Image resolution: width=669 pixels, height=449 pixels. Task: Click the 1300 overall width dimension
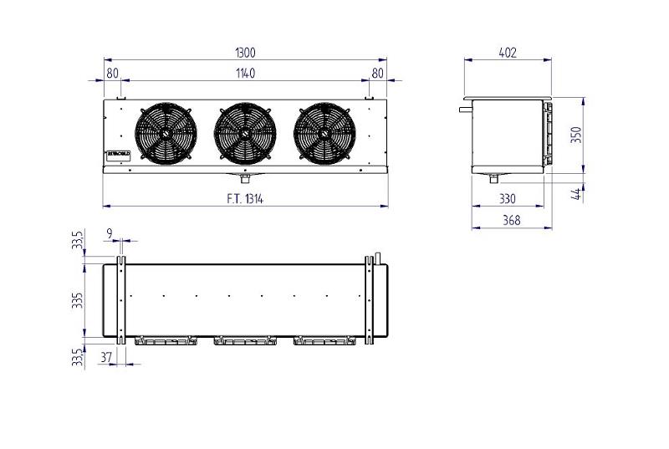(x=245, y=53)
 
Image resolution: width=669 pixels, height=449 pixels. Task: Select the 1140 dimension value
(x=245, y=74)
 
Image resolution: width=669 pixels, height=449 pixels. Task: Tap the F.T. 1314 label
(x=244, y=198)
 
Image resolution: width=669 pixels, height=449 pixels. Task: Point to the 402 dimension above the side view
(x=508, y=53)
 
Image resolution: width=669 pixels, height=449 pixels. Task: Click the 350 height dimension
(x=576, y=135)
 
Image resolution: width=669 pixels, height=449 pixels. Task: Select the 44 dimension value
(x=576, y=194)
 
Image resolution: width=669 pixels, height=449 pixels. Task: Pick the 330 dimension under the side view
(x=508, y=198)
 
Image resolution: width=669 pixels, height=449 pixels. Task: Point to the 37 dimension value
(x=106, y=357)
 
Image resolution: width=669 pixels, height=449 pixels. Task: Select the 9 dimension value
(x=110, y=232)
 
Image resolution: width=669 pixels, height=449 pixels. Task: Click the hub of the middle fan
(x=245, y=134)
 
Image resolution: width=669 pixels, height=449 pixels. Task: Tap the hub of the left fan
(x=166, y=134)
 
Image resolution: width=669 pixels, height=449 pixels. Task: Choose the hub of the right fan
(x=324, y=134)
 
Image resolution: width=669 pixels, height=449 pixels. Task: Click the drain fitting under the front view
(x=245, y=177)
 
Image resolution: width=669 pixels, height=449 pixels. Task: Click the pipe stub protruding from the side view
(x=465, y=107)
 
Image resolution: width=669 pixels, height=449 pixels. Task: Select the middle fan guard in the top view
(x=245, y=340)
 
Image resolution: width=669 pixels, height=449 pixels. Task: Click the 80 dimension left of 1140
(x=112, y=74)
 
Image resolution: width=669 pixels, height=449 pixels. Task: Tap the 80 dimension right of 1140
(x=377, y=74)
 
